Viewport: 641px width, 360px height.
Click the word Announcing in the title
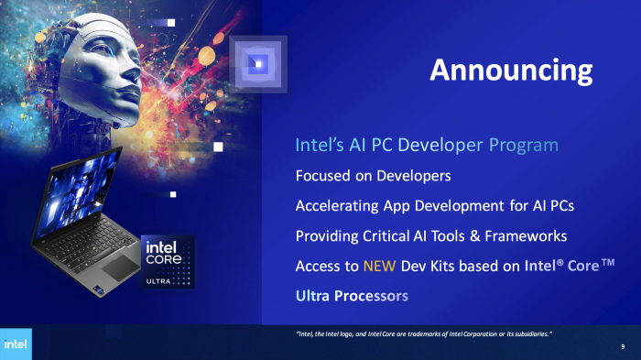pyautogui.click(x=511, y=71)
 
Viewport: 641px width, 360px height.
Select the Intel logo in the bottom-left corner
pyautogui.click(x=16, y=344)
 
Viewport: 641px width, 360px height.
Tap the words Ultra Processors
pyautogui.click(x=352, y=296)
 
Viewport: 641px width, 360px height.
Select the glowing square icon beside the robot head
pyautogui.click(x=258, y=63)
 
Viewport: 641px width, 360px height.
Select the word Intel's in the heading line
pyautogui.click(x=318, y=146)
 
